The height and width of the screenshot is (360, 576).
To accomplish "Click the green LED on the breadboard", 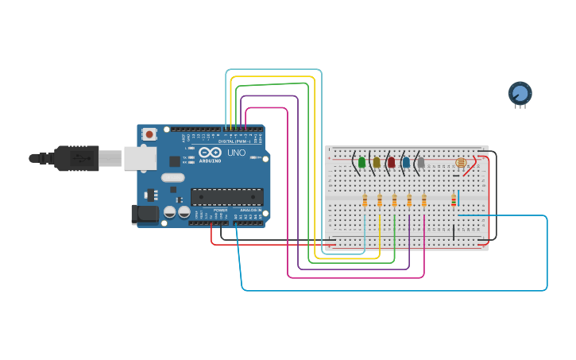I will click(361, 162).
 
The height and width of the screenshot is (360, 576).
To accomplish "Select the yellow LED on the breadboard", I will click(377, 162).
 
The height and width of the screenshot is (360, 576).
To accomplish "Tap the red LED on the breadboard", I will click(391, 162).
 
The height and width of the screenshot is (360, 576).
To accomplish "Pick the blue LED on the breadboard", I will click(406, 162).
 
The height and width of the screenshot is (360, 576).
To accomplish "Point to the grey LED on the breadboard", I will click(421, 162).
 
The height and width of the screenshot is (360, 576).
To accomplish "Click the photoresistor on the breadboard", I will click(461, 162).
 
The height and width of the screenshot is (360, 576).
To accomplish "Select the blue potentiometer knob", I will click(520, 94).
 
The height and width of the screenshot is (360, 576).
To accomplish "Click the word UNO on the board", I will click(236, 153).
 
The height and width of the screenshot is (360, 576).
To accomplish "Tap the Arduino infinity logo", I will click(210, 152).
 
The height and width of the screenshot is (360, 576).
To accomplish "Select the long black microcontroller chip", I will click(226, 196).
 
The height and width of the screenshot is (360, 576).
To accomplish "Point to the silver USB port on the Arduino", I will click(140, 158).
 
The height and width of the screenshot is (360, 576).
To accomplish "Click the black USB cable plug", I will click(76, 158).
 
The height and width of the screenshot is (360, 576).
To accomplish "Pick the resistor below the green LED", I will click(365, 200).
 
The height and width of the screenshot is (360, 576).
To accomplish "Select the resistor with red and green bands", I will click(454, 200).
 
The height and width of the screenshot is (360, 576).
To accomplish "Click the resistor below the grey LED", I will click(424, 200).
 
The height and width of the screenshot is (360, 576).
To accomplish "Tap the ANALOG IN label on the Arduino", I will click(249, 210).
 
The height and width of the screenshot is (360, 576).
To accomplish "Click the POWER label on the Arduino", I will click(220, 210).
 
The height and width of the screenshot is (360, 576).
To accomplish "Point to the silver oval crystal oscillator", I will click(172, 178).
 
